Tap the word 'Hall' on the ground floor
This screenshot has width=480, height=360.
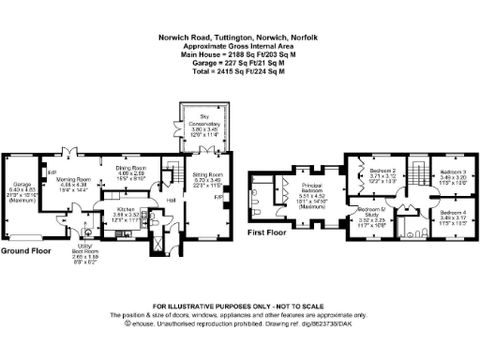(172, 200)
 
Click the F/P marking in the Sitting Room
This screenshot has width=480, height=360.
(217, 199)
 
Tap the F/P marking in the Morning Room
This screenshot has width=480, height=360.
(52, 172)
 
